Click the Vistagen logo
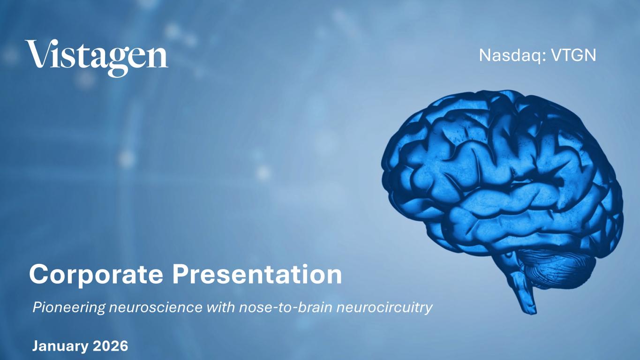pyautogui.click(x=97, y=58)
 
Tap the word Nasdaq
pyautogui.click(x=512, y=55)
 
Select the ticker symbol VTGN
pyautogui.click(x=574, y=55)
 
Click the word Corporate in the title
pyautogui.click(x=96, y=275)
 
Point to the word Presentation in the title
pyautogui.click(x=257, y=274)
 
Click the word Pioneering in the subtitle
pyautogui.click(x=69, y=308)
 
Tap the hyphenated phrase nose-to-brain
pyautogui.click(x=286, y=307)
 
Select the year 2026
pyautogui.click(x=111, y=346)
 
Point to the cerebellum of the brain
pyautogui.click(x=557, y=267)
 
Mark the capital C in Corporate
pyautogui.click(x=39, y=275)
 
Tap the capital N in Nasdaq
pyautogui.click(x=485, y=55)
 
